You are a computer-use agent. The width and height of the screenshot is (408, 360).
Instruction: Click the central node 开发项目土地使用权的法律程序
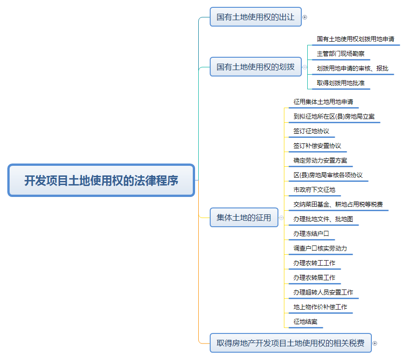click(x=101, y=180)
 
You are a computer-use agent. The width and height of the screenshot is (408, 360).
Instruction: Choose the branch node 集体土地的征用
click(x=244, y=218)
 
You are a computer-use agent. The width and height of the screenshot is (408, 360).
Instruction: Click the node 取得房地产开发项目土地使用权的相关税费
click(x=290, y=343)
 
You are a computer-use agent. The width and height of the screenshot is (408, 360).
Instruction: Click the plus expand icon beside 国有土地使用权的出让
click(x=305, y=17)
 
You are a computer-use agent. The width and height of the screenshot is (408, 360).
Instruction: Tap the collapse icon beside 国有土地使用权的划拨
click(x=305, y=67)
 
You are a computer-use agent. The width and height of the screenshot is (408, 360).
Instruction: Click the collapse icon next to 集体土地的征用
click(x=281, y=218)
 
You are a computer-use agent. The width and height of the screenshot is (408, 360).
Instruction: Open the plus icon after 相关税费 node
click(x=375, y=343)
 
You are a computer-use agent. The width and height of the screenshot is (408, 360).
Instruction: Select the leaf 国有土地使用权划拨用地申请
click(x=355, y=39)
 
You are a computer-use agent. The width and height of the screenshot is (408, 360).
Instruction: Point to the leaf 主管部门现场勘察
click(x=341, y=54)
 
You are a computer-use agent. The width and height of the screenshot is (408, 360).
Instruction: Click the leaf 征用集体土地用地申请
click(x=323, y=102)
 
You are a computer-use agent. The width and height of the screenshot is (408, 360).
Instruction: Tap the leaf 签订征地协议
click(x=311, y=131)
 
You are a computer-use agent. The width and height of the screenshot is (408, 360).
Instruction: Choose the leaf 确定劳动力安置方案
click(x=320, y=160)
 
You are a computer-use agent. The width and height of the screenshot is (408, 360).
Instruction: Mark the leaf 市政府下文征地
click(x=314, y=190)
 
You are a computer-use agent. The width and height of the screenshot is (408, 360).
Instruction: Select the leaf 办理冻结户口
click(x=311, y=234)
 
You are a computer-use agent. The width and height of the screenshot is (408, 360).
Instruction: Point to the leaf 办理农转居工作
click(x=314, y=278)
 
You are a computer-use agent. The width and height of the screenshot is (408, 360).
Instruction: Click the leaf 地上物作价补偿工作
click(x=320, y=307)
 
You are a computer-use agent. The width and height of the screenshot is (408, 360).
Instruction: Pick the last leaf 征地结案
click(x=305, y=322)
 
